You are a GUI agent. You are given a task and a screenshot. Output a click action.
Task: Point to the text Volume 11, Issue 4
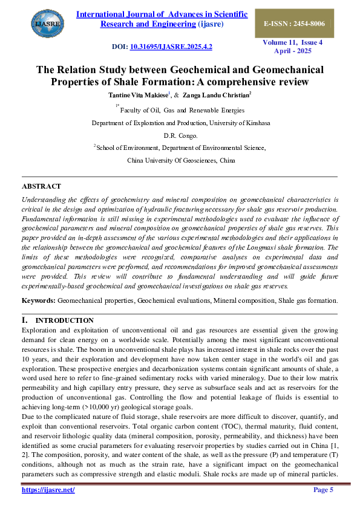point(293,42)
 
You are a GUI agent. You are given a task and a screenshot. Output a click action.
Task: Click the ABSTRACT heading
point(41,186)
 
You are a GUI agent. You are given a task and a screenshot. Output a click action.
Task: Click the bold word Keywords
point(38,300)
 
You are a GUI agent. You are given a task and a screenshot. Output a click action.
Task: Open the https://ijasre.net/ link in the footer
point(48,489)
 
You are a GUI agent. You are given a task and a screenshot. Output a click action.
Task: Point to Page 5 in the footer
point(323,489)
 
